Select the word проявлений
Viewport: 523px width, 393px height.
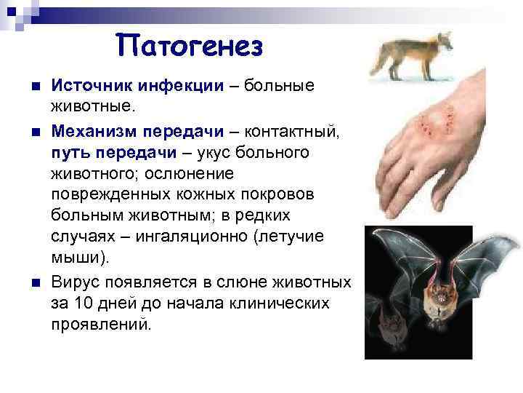point(102,324)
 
